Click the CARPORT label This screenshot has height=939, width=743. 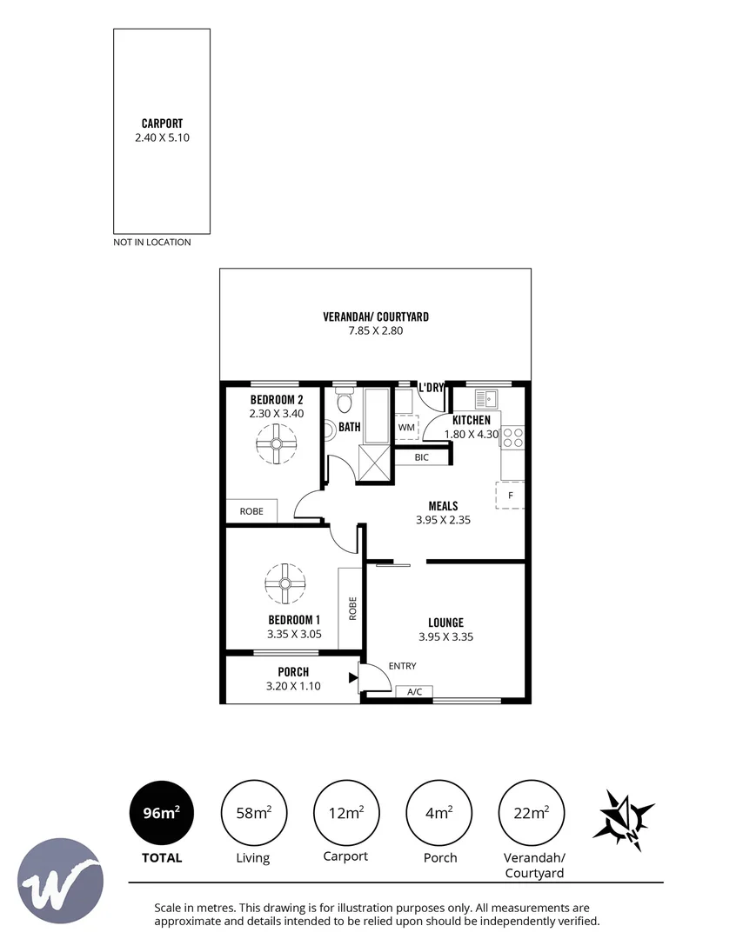pos(162,123)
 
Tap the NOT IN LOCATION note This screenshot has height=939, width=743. pos(152,242)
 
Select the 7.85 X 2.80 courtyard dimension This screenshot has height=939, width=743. pos(376,330)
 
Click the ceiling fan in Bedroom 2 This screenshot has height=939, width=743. pos(276,443)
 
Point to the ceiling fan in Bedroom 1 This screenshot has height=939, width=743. pos(285,584)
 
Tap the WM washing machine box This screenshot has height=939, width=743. pos(405,428)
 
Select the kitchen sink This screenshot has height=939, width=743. pos(486,399)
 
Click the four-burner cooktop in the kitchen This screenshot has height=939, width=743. pos(513,437)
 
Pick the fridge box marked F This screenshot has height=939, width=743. pos(510,496)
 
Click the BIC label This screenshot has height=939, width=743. pos(422,457)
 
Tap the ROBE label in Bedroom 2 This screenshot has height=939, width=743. pos(251,511)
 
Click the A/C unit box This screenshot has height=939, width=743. pos(415,692)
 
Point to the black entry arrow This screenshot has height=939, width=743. pos(353,678)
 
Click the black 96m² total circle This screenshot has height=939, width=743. pos(162,813)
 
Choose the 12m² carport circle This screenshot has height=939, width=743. pos(346,813)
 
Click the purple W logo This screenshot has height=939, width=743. pos(60,881)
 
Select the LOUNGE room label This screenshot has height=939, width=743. pos(445,623)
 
